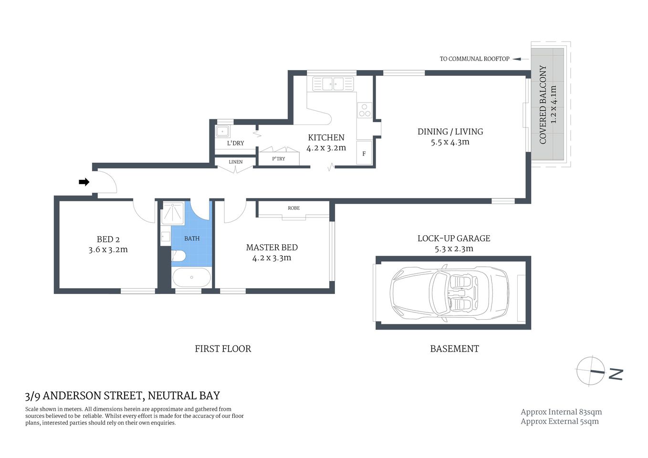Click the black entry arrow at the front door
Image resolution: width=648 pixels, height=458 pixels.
84,182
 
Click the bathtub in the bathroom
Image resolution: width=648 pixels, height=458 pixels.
191,277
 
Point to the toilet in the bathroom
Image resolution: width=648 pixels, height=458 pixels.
178,256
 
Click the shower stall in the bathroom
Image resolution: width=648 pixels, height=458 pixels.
172,213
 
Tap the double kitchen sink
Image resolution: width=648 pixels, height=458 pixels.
334,84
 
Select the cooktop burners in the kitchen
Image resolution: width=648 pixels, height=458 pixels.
365,110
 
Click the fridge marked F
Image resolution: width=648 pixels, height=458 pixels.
364,153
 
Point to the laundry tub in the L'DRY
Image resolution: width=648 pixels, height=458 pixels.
222,132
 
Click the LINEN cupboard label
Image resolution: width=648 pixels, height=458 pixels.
235,162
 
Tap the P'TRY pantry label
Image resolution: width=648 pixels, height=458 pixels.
278,158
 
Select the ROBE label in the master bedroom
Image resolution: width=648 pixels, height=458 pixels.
293,208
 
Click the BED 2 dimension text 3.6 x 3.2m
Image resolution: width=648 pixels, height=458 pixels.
108,250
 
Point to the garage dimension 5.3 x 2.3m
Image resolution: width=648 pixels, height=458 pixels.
454,249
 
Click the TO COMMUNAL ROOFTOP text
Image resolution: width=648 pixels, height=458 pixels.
474,59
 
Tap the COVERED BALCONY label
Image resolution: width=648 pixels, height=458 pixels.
543,104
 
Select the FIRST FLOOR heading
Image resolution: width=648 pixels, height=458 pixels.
223,349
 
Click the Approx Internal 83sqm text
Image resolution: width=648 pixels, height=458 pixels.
561,412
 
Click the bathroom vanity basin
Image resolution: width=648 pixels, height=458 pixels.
165,236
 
